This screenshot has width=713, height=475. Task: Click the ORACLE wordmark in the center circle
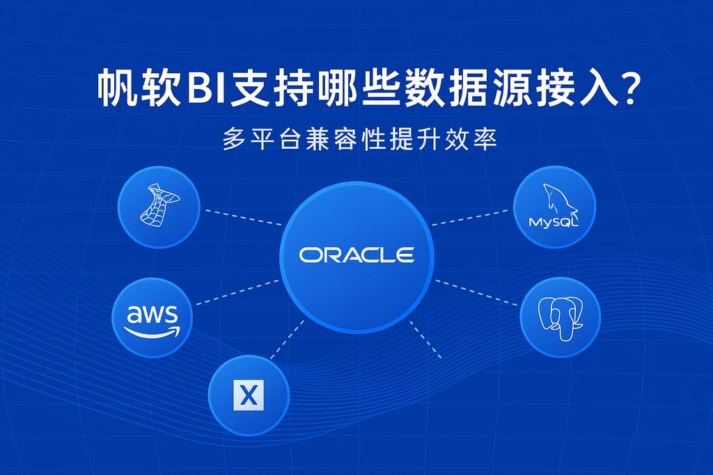tap(356, 255)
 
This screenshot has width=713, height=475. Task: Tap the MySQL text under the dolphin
tap(554, 223)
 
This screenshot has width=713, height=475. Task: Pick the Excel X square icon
tap(248, 396)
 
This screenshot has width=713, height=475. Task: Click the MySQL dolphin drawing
tap(556, 198)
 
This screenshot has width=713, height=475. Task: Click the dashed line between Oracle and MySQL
tap(470, 217)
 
